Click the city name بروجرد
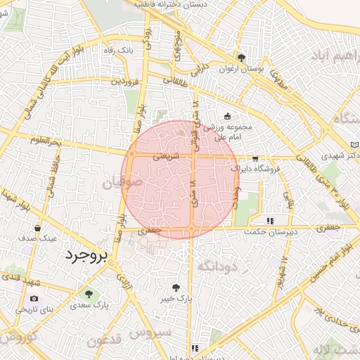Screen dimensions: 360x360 point(84,256)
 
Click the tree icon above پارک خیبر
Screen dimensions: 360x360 point(176,287)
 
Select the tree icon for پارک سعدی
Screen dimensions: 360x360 point(89,294)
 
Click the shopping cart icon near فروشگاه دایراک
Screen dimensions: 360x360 point(255,159)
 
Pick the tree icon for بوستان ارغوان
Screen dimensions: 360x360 point(242,58)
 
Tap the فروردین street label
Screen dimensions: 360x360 point(123,82)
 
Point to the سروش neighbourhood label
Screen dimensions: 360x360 point(154,331)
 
